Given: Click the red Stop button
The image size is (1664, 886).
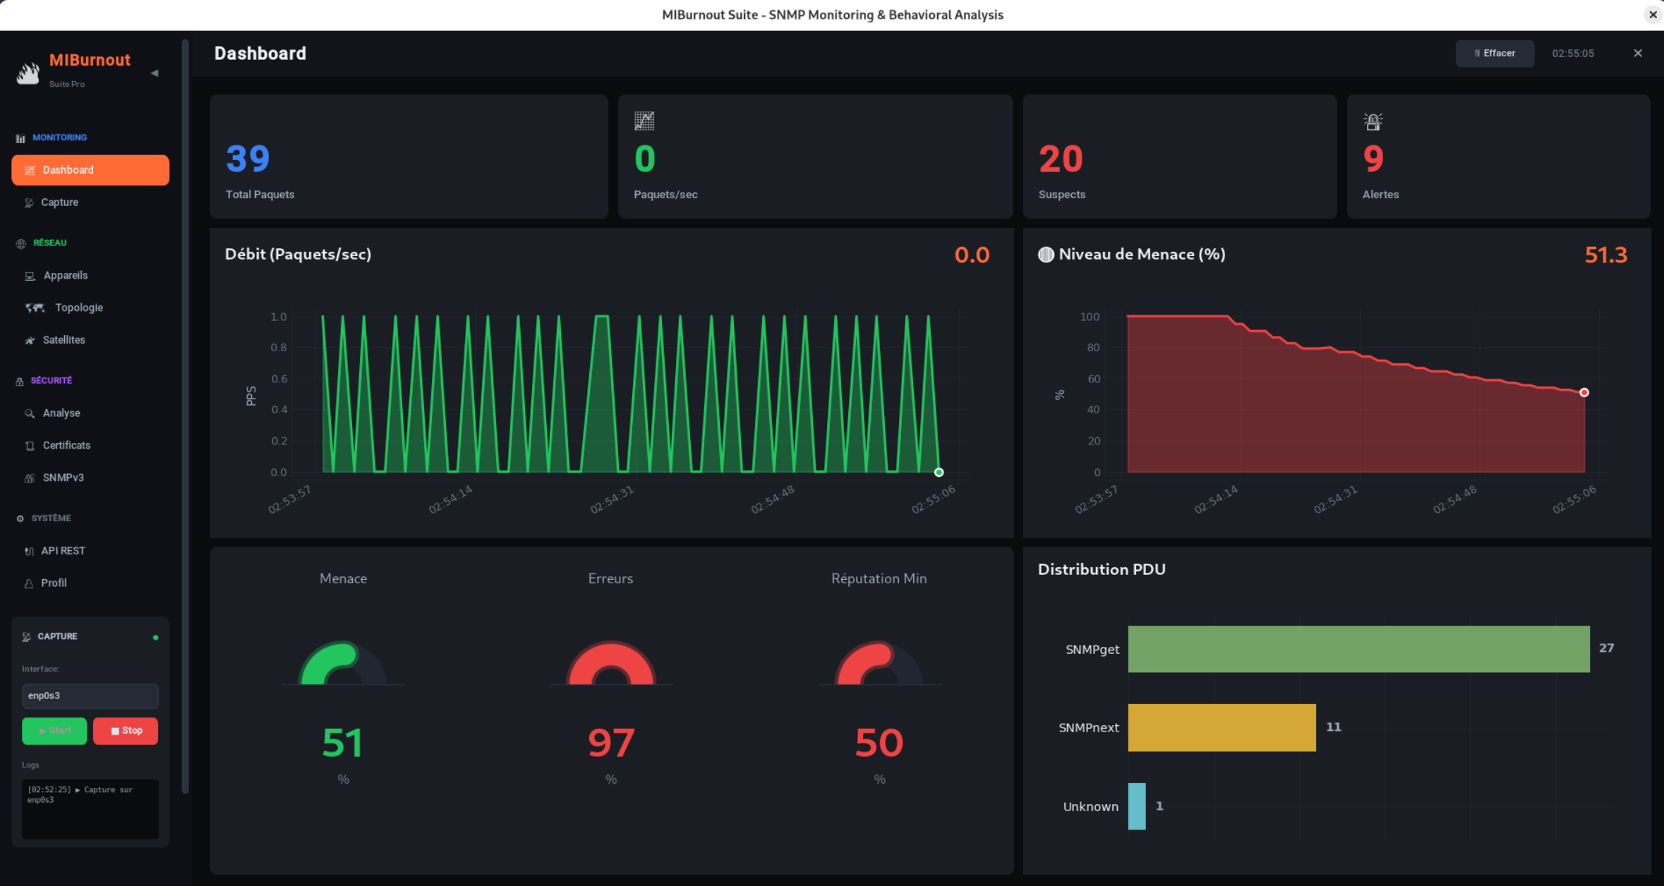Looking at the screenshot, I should tap(126, 731).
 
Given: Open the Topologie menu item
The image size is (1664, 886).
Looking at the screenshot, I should tap(78, 308).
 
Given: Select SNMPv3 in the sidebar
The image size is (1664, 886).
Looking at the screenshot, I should tap(63, 478).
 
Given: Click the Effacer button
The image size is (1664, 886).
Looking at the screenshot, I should tap(1494, 54).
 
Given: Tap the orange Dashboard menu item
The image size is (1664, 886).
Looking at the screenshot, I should tap(90, 170).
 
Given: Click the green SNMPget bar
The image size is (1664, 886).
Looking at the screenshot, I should tap(1358, 649).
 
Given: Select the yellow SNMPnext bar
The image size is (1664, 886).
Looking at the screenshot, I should tap(1221, 727).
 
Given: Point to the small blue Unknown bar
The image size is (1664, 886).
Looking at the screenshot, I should tap(1136, 806).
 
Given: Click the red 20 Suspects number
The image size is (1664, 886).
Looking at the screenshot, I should tap(1060, 159).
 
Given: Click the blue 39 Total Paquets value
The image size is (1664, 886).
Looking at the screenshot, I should tap(248, 159).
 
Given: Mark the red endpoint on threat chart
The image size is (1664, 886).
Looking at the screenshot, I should tap(1584, 392).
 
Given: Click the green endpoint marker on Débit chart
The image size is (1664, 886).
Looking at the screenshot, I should tap(939, 473).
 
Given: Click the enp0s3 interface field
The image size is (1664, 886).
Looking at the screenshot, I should tap(90, 696).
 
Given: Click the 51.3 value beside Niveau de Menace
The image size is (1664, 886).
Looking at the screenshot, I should tap(1605, 255).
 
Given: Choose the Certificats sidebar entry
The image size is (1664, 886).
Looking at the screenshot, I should tap(66, 445).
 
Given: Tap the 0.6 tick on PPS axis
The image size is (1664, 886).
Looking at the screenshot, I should tap(279, 379).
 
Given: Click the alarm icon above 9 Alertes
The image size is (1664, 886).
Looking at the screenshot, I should tap(1373, 121).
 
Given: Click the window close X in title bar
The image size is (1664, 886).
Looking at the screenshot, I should tap(1652, 14).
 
